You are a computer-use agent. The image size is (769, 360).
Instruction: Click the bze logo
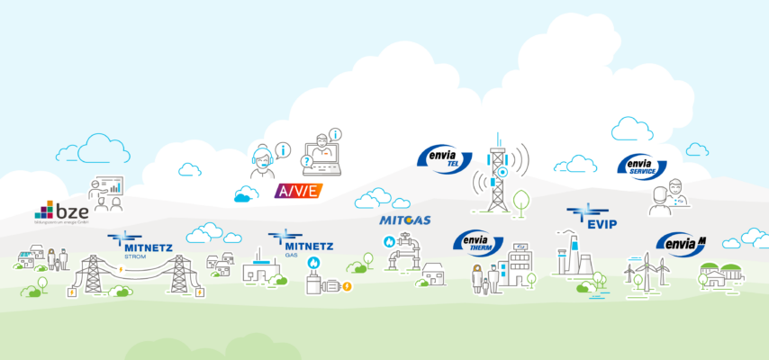pyautogui.click(x=61, y=212)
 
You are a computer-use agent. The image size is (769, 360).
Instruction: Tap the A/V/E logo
pyautogui.click(x=297, y=192)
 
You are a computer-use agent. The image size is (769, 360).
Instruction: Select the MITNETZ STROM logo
pyautogui.click(x=132, y=243)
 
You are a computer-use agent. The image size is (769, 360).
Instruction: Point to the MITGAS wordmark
pyautogui.click(x=405, y=220)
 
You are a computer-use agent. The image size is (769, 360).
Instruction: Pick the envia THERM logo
pyautogui.click(x=476, y=241)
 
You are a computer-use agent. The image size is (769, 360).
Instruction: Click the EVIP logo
pyautogui.click(x=592, y=219)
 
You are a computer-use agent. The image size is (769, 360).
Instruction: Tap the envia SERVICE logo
pyautogui.click(x=641, y=166)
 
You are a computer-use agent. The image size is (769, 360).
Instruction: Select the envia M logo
pyautogui.click(x=681, y=243)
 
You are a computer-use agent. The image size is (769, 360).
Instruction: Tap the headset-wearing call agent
pyautogui.click(x=263, y=162)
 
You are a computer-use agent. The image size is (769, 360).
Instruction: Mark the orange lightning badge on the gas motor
pyautogui.click(x=347, y=286)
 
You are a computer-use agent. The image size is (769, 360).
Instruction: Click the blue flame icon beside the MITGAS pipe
pyautogui.click(x=389, y=241)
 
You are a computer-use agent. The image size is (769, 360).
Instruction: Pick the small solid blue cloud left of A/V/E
pyautogui.click(x=246, y=193)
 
